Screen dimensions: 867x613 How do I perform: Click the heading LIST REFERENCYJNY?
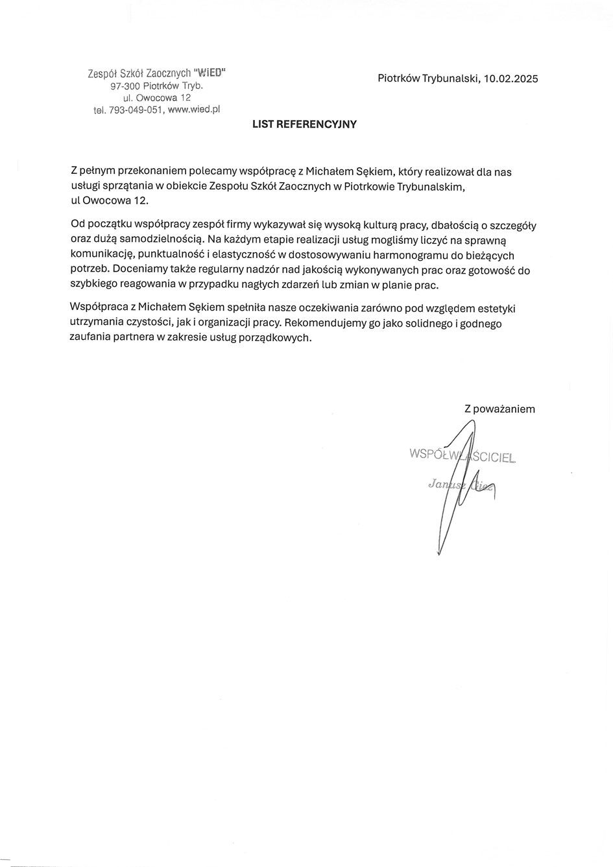304,125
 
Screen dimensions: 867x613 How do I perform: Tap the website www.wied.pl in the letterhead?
194,110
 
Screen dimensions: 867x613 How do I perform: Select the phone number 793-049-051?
135,110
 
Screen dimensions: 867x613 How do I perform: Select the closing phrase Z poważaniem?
499,409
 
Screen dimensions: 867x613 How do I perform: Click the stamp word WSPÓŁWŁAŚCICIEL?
463,455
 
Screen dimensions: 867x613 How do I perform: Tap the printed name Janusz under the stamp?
445,484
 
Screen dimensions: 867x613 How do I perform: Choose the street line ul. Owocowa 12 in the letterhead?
156,97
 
